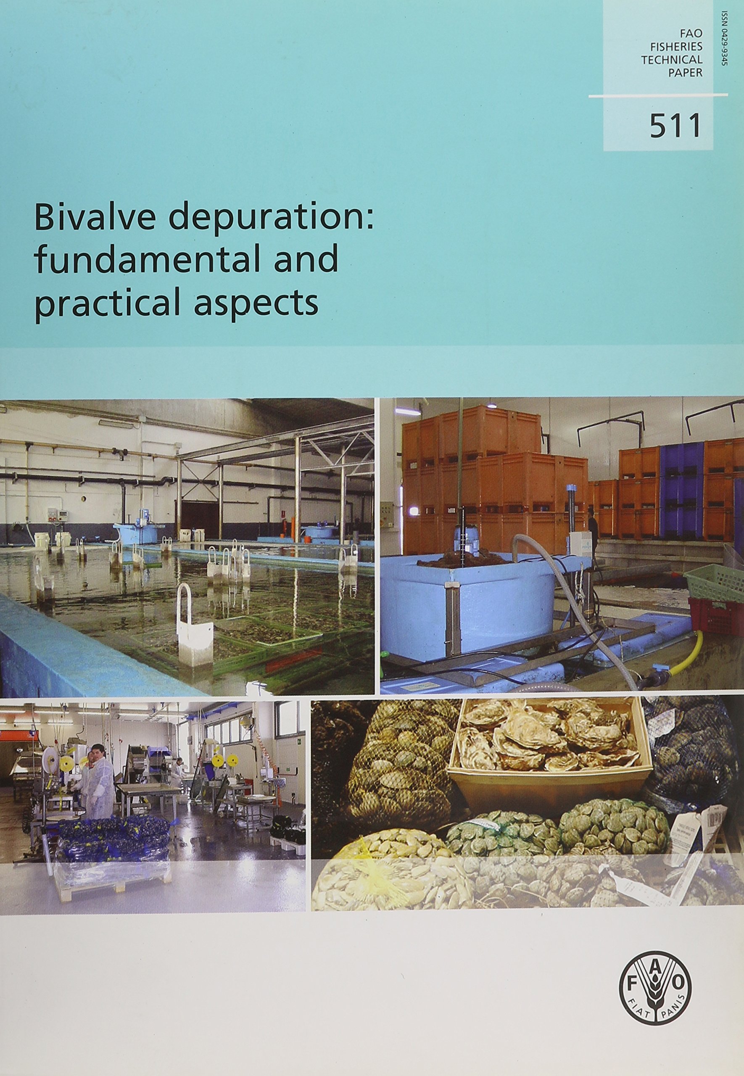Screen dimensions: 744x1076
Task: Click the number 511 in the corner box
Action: point(675,125)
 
